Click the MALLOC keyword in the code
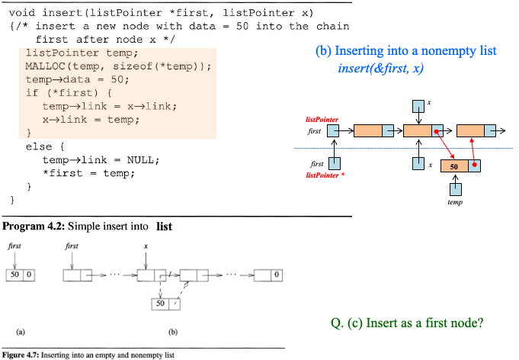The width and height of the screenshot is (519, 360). click(44, 66)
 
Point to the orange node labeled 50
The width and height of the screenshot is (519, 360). click(454, 166)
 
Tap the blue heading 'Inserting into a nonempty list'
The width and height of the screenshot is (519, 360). click(415, 51)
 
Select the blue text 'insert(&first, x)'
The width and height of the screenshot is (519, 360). click(380, 68)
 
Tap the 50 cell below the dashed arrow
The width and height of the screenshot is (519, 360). click(160, 303)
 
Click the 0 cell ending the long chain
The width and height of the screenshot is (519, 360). click(276, 275)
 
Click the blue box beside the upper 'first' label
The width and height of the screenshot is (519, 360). click(334, 131)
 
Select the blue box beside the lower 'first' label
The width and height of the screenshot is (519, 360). click(335, 163)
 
